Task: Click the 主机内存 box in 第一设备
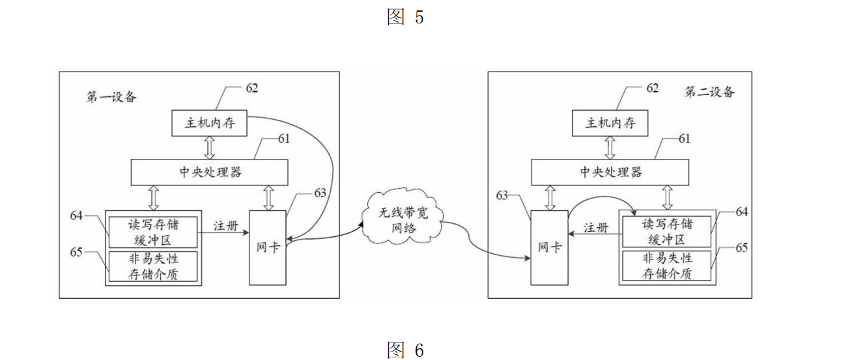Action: [x=210, y=123]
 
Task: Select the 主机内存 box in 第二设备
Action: [x=610, y=123]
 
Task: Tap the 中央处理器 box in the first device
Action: [x=210, y=173]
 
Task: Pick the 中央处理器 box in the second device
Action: [x=610, y=173]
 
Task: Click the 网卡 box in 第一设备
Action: [x=268, y=247]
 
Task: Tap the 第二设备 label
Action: [x=709, y=92]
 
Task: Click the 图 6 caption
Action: [x=405, y=350]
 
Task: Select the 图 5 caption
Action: [x=405, y=18]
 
